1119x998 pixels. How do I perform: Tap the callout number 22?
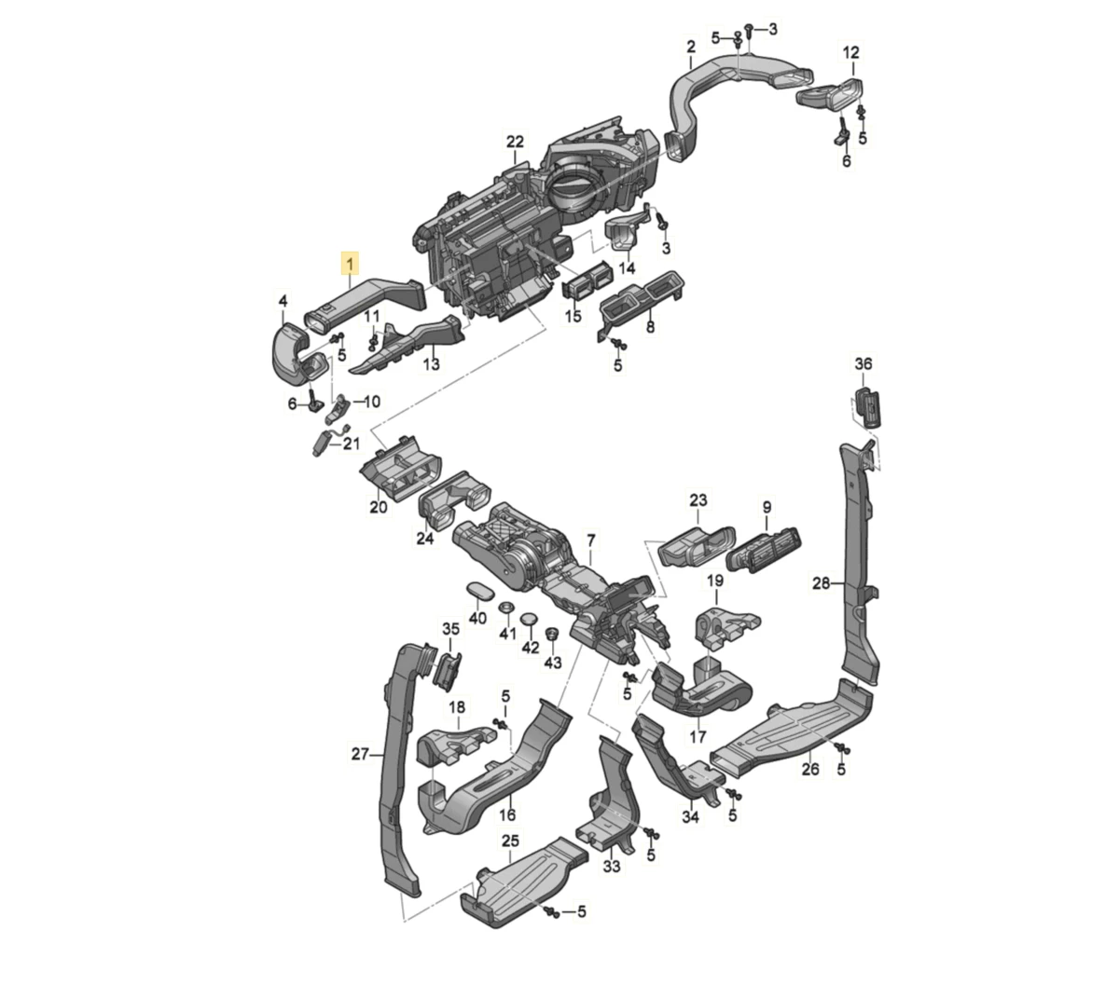(x=515, y=142)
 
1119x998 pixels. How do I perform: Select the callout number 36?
(x=863, y=363)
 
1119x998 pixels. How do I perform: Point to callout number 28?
(x=822, y=583)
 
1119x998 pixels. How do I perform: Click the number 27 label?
(x=360, y=754)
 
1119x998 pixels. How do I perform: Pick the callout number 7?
(x=591, y=540)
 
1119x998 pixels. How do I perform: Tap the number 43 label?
(x=553, y=663)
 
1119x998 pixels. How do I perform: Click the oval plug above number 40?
(x=477, y=590)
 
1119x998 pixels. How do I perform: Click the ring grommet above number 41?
(x=505, y=607)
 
